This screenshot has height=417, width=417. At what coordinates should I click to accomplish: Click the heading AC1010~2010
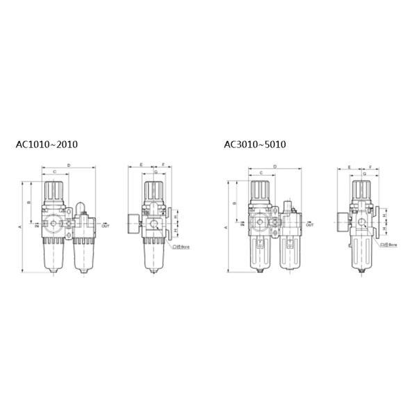pyautogui.click(x=47, y=145)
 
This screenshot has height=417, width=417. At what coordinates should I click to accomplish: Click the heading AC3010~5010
pyautogui.click(x=254, y=145)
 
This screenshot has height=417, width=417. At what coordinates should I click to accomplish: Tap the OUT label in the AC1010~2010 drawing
pyautogui.click(x=105, y=226)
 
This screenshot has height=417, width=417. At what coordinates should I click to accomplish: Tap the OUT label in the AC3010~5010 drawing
pyautogui.click(x=309, y=226)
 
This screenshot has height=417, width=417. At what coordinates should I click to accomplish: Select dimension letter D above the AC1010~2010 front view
pyautogui.click(x=68, y=165)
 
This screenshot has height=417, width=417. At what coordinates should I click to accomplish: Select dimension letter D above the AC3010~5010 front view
pyautogui.click(x=275, y=167)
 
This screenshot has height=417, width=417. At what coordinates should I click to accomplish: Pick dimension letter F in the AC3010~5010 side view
pyautogui.click(x=370, y=167)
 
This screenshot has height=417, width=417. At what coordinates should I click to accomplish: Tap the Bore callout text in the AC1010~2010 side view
pyautogui.click(x=183, y=246)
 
